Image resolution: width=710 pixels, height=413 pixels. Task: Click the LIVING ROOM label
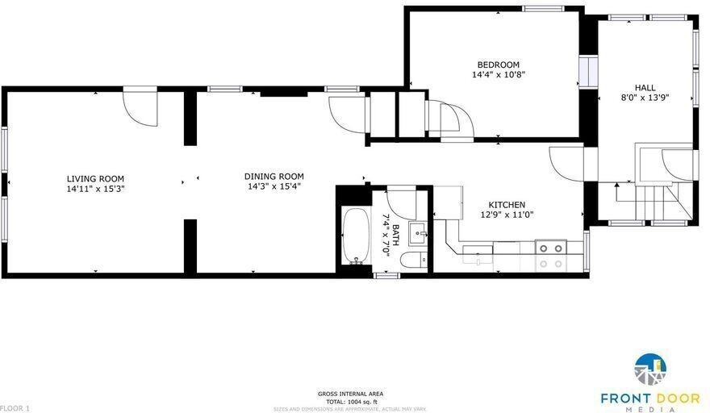pos(95,179)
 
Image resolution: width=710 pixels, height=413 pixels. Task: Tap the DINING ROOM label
pos(274,177)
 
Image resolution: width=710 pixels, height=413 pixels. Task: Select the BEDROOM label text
pos(498,65)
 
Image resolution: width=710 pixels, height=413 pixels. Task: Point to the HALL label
pos(645,88)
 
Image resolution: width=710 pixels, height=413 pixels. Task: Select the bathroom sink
pos(418,234)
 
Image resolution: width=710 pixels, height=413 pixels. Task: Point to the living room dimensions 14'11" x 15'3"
pos(95,189)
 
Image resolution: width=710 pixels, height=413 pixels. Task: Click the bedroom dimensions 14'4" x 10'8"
pos(499,75)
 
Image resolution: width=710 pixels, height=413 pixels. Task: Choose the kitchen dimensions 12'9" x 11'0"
pos(507,215)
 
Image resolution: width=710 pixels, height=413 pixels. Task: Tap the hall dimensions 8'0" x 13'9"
pos(645,98)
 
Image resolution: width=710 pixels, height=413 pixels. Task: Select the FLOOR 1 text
pos(15,408)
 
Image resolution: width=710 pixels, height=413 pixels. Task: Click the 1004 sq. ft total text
pos(350,401)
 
